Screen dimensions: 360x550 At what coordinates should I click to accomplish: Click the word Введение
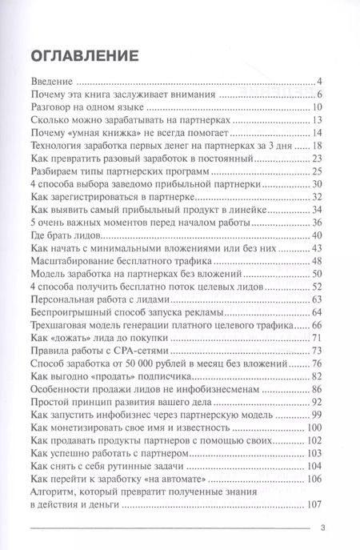(50, 82)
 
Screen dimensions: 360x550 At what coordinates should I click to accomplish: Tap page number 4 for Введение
(318, 82)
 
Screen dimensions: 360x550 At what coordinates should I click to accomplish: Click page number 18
(316, 147)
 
